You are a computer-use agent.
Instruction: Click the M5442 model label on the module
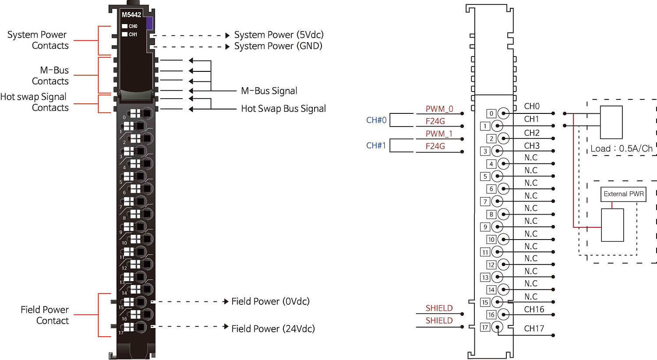point(131,15)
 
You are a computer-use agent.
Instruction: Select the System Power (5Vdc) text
point(279,35)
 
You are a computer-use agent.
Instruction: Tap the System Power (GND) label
point(278,46)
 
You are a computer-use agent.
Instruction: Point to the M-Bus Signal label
point(269,91)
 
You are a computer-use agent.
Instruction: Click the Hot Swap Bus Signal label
point(283,109)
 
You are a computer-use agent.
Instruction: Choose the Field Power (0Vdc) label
point(270,301)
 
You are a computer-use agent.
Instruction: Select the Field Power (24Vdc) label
point(273,328)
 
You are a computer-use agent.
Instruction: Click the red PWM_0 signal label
point(439,109)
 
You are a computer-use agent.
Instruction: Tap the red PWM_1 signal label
point(439,134)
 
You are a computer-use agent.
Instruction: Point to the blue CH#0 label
point(376,120)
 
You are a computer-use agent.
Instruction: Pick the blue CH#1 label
point(376,145)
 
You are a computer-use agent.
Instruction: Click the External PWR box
point(623,194)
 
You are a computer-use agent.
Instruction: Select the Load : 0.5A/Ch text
point(621,148)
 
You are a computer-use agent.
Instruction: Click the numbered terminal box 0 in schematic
point(491,113)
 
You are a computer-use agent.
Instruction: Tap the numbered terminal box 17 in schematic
point(485,327)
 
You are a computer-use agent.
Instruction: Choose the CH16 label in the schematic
point(534,309)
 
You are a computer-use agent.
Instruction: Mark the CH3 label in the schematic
point(532,145)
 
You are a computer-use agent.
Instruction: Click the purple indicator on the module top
point(149,23)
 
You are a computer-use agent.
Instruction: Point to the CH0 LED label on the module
point(133,26)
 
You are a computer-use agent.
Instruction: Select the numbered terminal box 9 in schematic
point(485,227)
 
